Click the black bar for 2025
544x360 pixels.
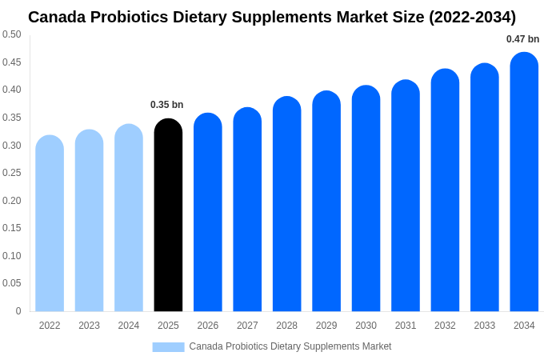pyautogui.click(x=168, y=216)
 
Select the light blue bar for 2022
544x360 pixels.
pyautogui.click(x=50, y=224)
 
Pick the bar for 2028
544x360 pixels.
pyautogui.click(x=286, y=205)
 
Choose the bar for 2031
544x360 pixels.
pyautogui.click(x=406, y=196)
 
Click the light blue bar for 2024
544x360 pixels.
pyautogui.click(x=129, y=218)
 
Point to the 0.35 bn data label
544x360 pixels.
pyautogui.click(x=166, y=105)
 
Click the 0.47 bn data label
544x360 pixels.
pyautogui.click(x=522, y=39)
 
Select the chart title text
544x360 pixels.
pyautogui.click(x=272, y=17)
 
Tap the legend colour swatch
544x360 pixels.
pyautogui.click(x=168, y=346)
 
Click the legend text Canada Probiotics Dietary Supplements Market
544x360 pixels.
pyautogui.click(x=290, y=346)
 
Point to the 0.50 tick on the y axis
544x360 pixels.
pyautogui.click(x=12, y=34)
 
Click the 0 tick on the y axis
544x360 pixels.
pyautogui.click(x=18, y=311)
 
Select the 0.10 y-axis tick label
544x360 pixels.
pyautogui.click(x=12, y=256)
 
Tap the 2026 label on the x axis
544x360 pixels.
pyautogui.click(x=208, y=326)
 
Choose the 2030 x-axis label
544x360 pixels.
pyautogui.click(x=366, y=326)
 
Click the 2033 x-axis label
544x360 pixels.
pyautogui.click(x=485, y=326)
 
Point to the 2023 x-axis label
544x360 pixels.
pyautogui.click(x=89, y=326)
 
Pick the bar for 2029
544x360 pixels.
pyautogui.click(x=326, y=202)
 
